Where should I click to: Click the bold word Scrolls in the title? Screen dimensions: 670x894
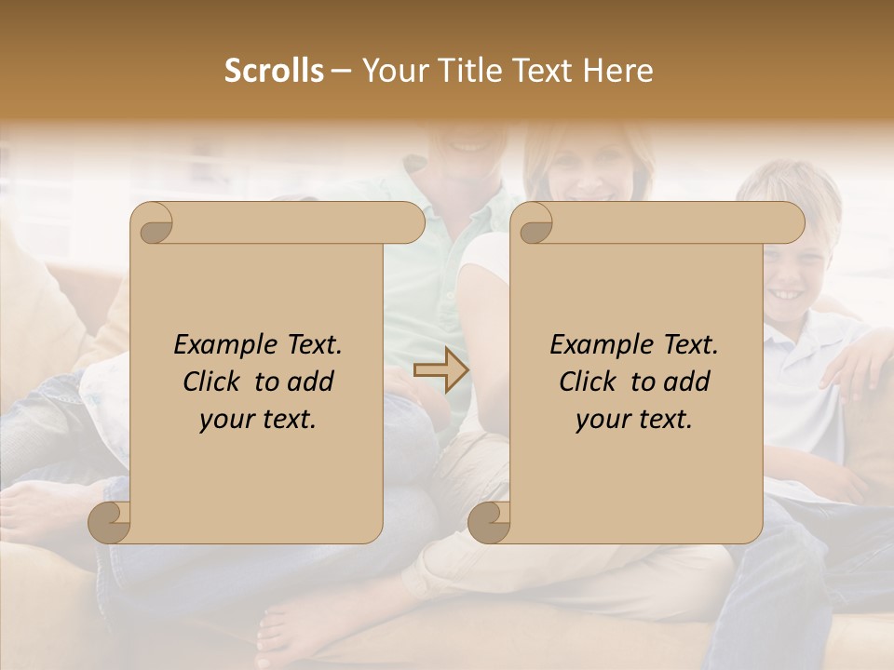[x=275, y=71]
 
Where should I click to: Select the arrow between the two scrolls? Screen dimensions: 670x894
[x=441, y=370]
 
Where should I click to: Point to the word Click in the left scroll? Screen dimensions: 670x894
[x=213, y=382]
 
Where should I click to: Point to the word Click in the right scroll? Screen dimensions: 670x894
[x=589, y=382]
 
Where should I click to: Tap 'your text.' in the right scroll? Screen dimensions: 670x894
[x=634, y=420]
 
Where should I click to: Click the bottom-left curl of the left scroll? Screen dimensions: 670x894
[x=110, y=522]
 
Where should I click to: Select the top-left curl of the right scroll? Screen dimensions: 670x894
[x=534, y=224]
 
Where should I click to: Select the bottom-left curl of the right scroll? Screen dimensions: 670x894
[x=489, y=522]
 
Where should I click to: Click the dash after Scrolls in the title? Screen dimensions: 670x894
[x=341, y=72]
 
